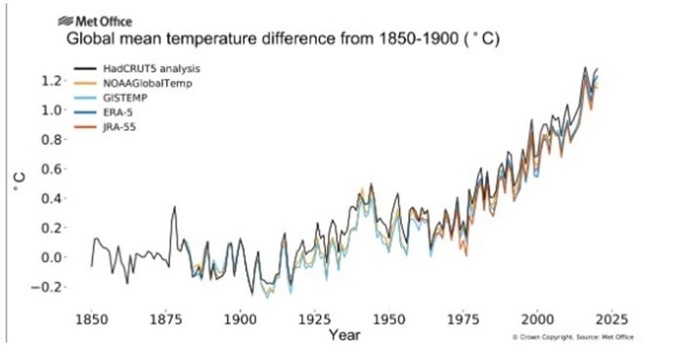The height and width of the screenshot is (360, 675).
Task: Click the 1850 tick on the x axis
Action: pyautogui.click(x=92, y=320)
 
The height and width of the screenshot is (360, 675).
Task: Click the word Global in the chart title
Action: pyautogui.click(x=88, y=40)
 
